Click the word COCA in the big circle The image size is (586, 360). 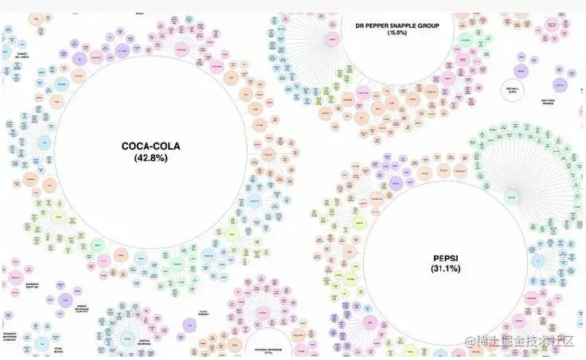[137, 147]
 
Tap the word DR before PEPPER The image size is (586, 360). [360, 25]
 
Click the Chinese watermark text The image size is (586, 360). [525, 341]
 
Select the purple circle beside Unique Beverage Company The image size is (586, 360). [64, 300]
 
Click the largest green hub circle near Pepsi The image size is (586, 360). [510, 195]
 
